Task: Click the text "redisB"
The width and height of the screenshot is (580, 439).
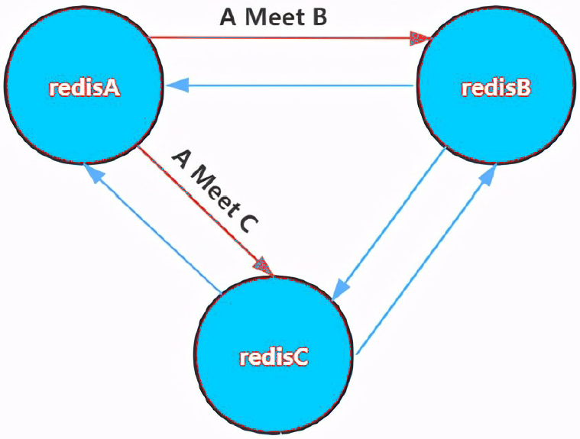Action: (496, 88)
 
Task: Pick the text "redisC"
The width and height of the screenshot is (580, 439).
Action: (274, 357)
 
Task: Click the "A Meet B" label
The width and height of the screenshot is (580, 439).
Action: (274, 17)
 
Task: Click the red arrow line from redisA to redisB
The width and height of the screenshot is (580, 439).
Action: (283, 37)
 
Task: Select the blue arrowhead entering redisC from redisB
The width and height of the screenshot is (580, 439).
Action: (341, 289)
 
